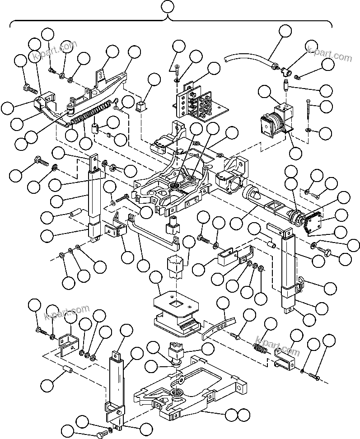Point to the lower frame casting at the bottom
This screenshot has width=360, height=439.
(x=190, y=388)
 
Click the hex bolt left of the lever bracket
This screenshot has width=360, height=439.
(x=29, y=86)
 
